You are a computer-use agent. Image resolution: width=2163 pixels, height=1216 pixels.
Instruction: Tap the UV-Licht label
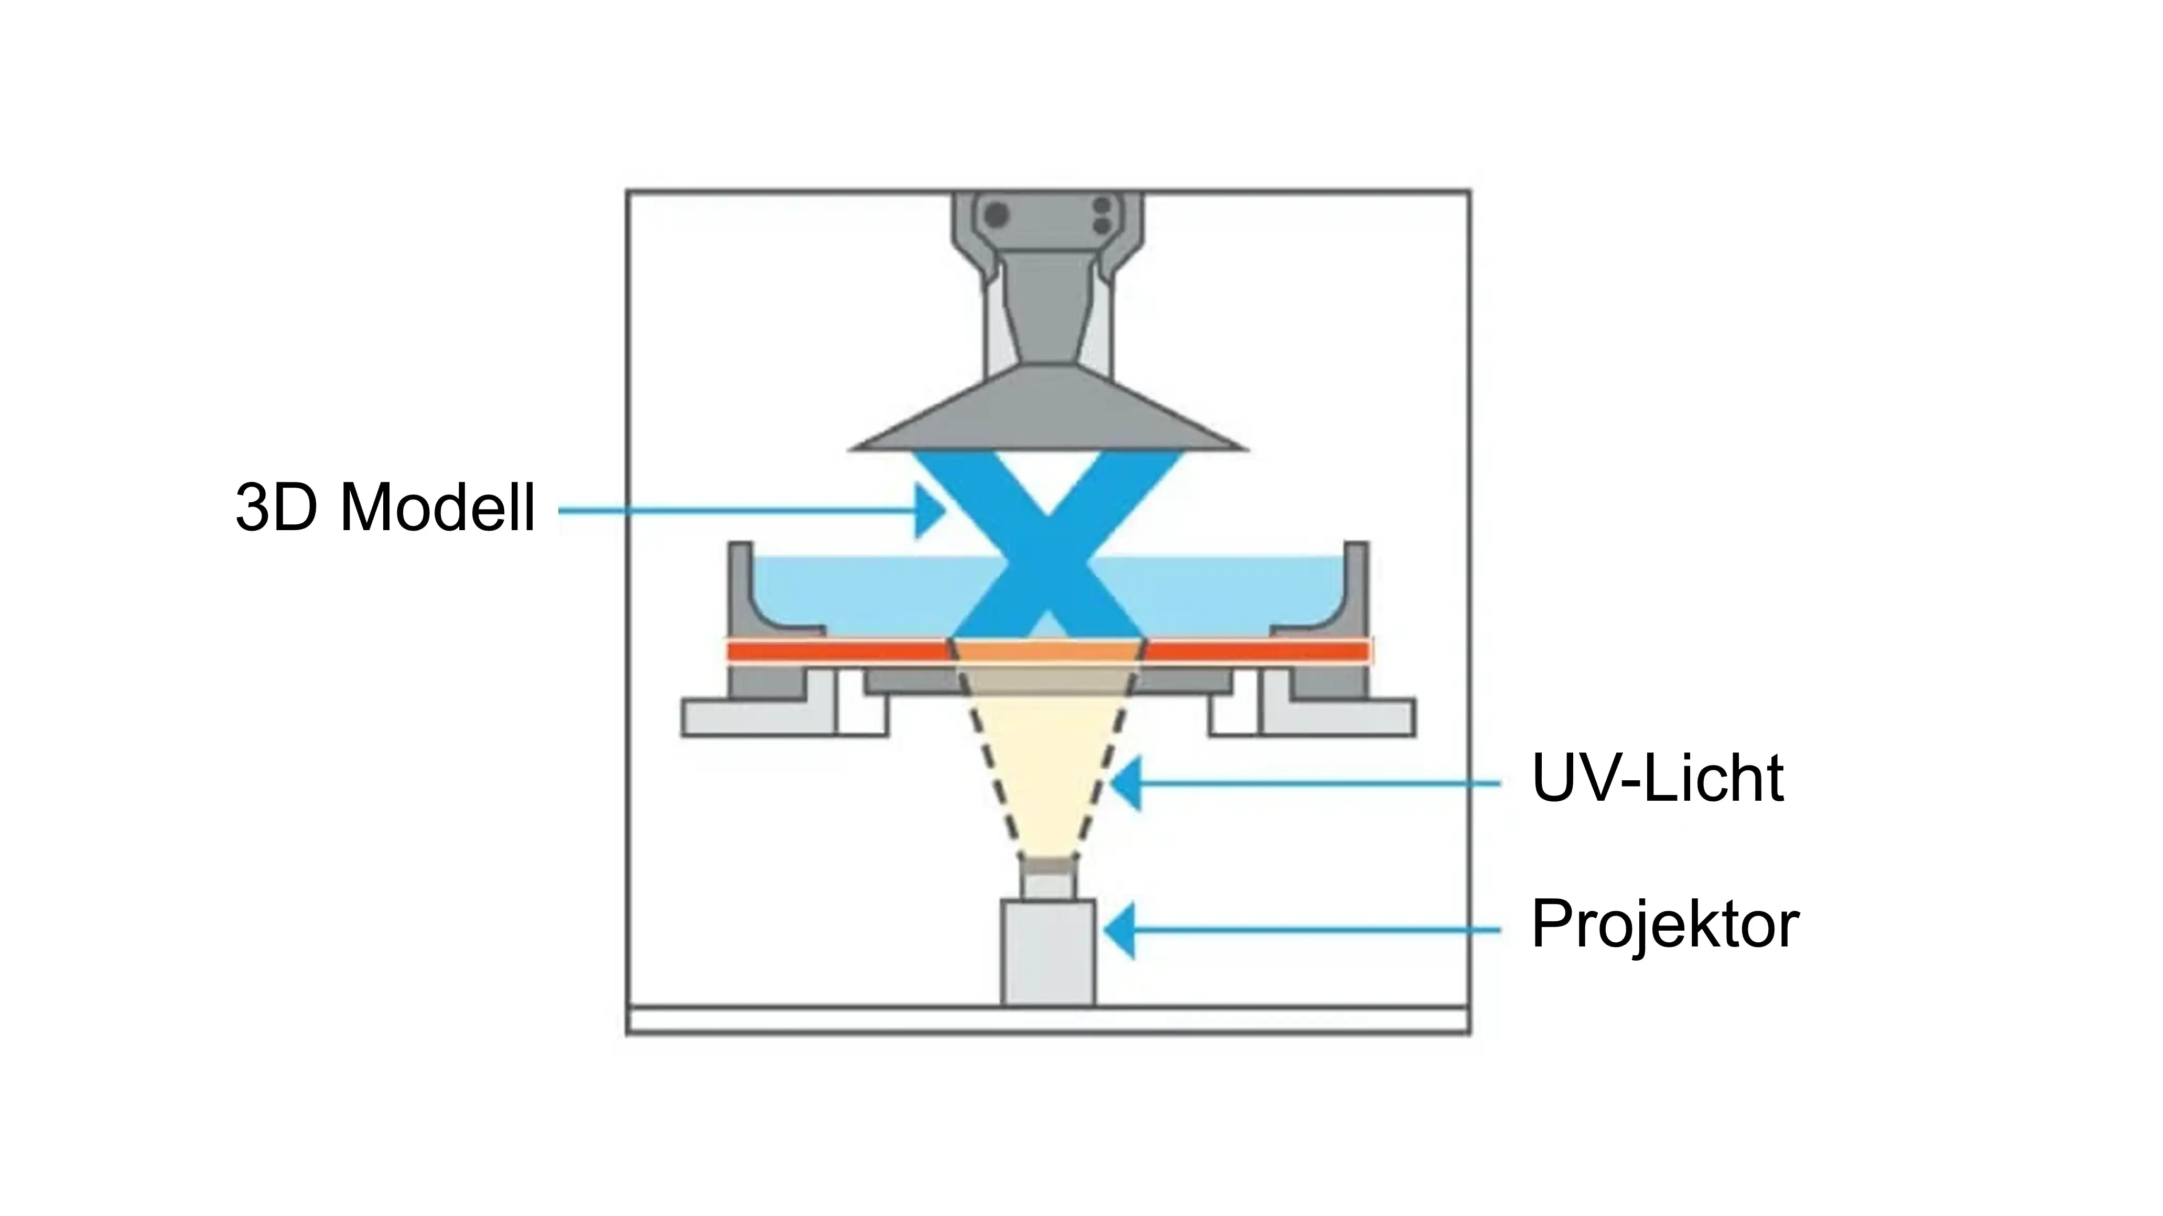1658,779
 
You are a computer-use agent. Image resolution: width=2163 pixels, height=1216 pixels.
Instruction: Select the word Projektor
1665,924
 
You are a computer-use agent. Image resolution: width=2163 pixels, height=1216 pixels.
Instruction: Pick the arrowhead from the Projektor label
1121,930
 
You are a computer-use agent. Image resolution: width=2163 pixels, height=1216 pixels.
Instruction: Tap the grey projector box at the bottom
1048,953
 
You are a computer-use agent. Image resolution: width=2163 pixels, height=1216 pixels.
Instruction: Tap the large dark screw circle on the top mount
997,214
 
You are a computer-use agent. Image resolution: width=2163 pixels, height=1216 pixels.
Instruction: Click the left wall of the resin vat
741,588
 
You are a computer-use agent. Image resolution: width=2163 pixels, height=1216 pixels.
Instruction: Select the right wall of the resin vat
1355,588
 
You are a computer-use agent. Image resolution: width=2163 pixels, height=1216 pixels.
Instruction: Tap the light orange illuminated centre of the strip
1048,651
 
